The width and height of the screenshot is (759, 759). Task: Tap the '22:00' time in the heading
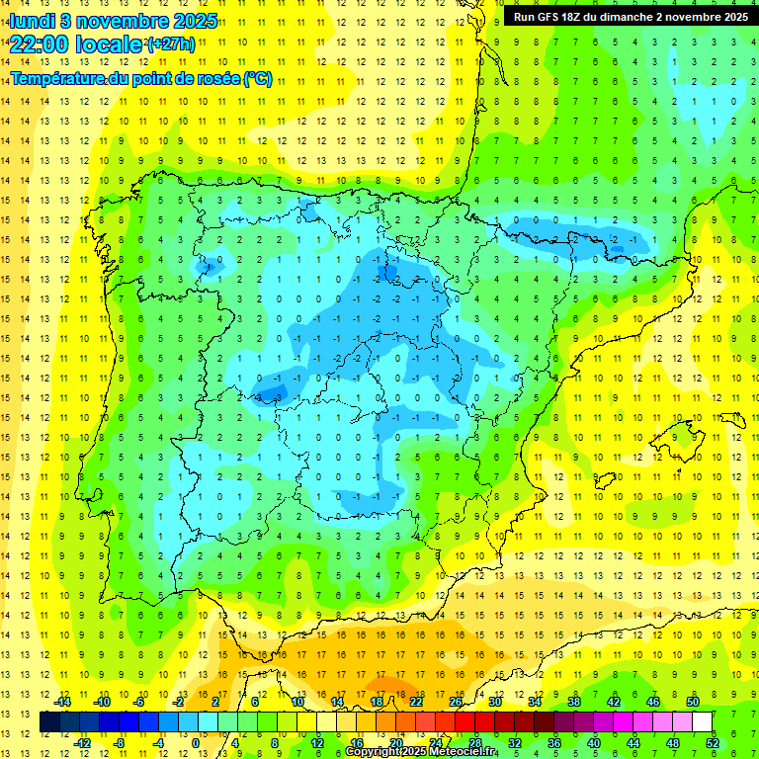[x=36, y=44]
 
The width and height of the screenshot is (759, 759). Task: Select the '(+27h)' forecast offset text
[x=171, y=44]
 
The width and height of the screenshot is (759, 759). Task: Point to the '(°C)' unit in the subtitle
[x=258, y=79]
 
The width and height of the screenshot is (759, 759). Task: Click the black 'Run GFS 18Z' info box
[x=631, y=17]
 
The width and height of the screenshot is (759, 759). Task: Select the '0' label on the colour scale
[x=196, y=743]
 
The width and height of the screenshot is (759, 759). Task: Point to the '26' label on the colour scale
[x=456, y=702]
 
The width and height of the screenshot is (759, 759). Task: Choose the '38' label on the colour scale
[x=574, y=702]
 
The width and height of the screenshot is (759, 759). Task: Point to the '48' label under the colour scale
[x=672, y=743]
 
